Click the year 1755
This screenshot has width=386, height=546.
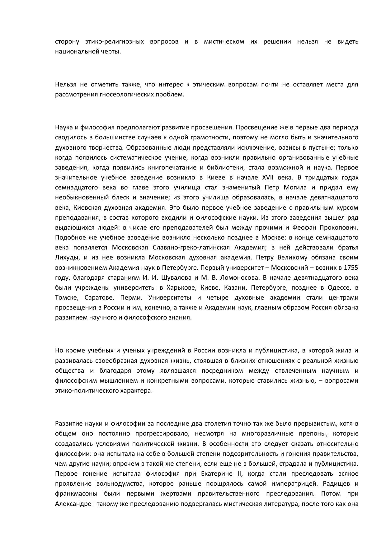[x=351, y=268]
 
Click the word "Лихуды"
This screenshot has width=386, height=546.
[x=66, y=258]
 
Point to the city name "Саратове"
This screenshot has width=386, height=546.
[x=98, y=297]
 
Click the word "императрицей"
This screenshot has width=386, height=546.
[x=293, y=484]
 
